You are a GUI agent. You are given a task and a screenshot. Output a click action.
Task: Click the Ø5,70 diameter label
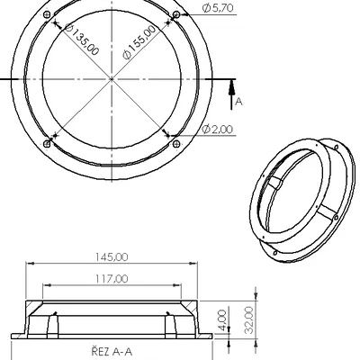220,8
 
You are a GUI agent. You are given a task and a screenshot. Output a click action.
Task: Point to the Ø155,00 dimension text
139,42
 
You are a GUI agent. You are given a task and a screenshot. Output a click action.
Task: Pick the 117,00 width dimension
113,278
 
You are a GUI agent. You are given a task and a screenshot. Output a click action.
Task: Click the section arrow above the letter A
233,85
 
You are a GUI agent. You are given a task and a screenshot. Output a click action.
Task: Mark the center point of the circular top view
112,78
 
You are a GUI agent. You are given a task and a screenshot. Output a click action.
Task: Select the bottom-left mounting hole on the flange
47,142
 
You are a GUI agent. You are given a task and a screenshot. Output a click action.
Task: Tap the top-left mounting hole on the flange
47,15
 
